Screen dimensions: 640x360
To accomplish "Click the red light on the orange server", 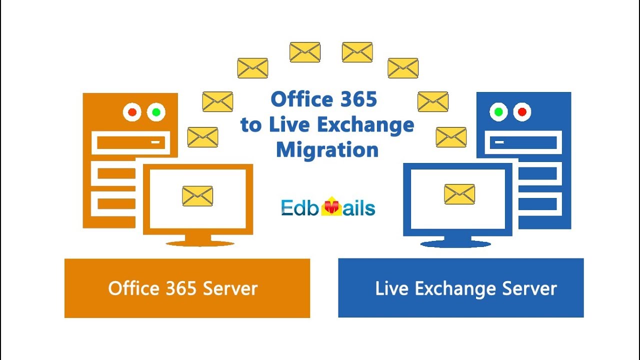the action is (x=132, y=112).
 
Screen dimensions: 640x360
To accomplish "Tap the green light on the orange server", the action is (x=156, y=112).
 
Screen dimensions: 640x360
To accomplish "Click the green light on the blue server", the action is (x=498, y=112).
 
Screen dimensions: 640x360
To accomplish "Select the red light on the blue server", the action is (x=522, y=112).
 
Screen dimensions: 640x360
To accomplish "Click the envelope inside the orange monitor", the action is (x=197, y=196).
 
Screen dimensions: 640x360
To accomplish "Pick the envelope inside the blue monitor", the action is (x=459, y=194).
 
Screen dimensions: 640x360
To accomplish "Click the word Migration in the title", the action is (x=327, y=149).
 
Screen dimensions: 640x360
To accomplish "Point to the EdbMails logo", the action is (x=327, y=207).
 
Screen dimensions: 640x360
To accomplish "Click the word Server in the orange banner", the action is (x=232, y=288).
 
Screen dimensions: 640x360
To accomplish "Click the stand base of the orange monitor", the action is (x=200, y=243).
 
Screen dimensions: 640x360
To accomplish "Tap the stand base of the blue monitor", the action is (x=455, y=244).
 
